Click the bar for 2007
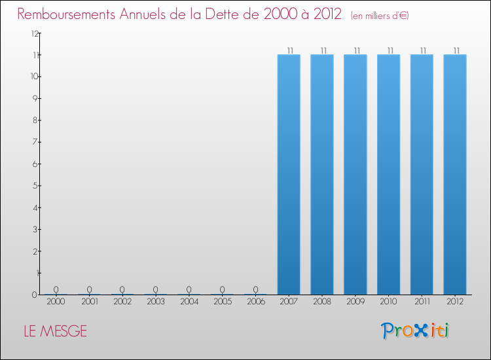tap(289, 174)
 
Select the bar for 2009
tap(355, 174)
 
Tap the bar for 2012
tap(455, 174)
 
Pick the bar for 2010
tap(389, 174)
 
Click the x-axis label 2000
tap(56, 302)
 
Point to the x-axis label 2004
tap(189, 302)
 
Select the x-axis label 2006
tap(255, 302)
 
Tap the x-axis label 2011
tap(422, 302)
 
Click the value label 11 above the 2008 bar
tap(322, 50)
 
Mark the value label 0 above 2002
tap(122, 289)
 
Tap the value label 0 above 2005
tap(223, 289)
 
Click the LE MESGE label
tap(55, 331)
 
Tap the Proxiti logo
tap(415, 331)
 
